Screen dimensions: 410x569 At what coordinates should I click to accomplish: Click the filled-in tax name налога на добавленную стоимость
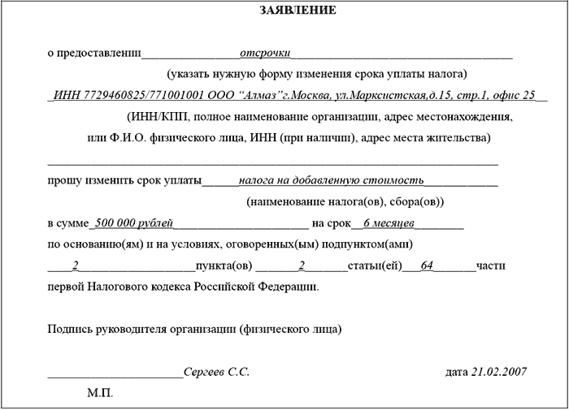332,180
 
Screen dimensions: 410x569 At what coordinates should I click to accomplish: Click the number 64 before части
427,265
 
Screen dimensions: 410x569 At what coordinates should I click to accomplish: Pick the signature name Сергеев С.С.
216,371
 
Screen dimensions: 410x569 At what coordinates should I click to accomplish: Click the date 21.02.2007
499,371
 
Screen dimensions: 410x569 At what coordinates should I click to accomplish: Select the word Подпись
72,329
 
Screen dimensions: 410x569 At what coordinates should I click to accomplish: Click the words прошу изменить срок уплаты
124,180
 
